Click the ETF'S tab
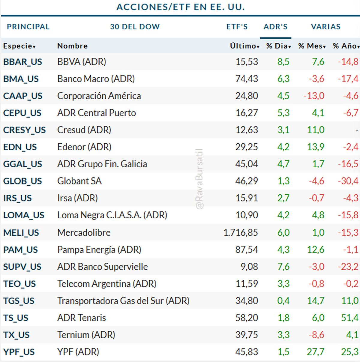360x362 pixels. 237,27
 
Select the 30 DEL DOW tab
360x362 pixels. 135,27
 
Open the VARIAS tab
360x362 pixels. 325,27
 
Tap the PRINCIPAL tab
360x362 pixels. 28,27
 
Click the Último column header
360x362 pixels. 244,46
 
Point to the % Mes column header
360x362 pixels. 312,46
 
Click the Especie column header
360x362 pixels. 19,46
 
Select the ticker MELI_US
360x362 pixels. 21,233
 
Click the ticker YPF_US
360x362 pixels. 19,352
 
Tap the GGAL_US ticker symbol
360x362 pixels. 22,164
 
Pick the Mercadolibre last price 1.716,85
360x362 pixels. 241,233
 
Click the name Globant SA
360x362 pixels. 79,181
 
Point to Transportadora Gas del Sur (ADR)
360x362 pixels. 123,301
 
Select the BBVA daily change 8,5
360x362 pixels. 283,62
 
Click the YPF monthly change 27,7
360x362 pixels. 315,352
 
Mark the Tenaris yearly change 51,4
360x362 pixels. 349,318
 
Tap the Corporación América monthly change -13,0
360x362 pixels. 314,96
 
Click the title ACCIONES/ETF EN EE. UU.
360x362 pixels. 181,7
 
